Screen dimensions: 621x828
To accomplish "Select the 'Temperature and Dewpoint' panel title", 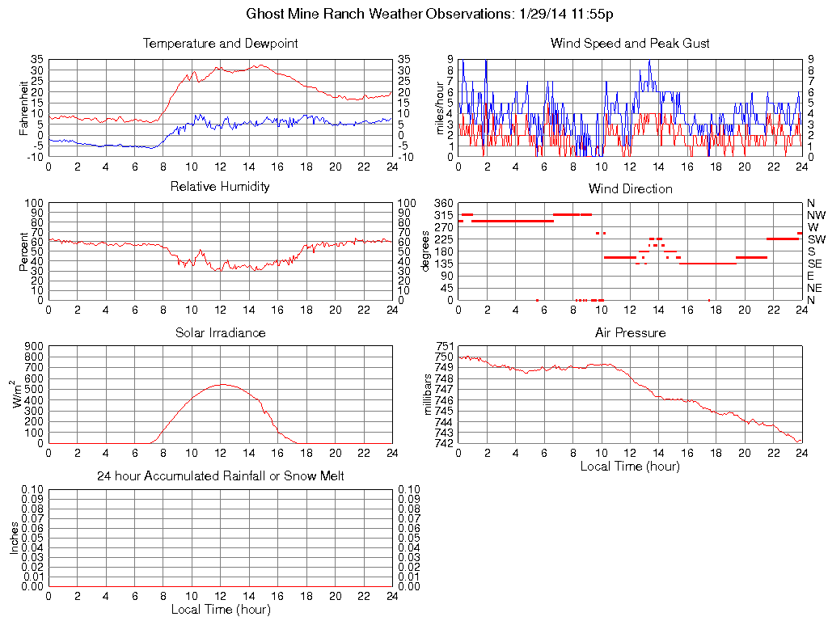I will (220, 43).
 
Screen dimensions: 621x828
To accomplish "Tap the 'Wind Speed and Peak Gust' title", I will (630, 43).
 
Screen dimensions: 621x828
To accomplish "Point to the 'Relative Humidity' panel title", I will (220, 187).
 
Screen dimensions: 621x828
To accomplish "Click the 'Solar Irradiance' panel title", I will (220, 332).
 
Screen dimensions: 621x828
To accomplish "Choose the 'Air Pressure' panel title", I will (630, 332).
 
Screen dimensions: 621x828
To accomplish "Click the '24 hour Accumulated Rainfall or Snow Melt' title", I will (220, 476).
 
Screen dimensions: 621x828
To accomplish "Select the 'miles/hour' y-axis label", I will (441, 108).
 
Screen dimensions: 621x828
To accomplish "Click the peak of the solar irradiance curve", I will (221, 384).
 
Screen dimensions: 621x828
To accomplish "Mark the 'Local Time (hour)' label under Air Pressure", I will (630, 466).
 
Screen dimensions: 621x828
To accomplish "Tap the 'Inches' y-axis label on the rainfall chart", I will (15, 539).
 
